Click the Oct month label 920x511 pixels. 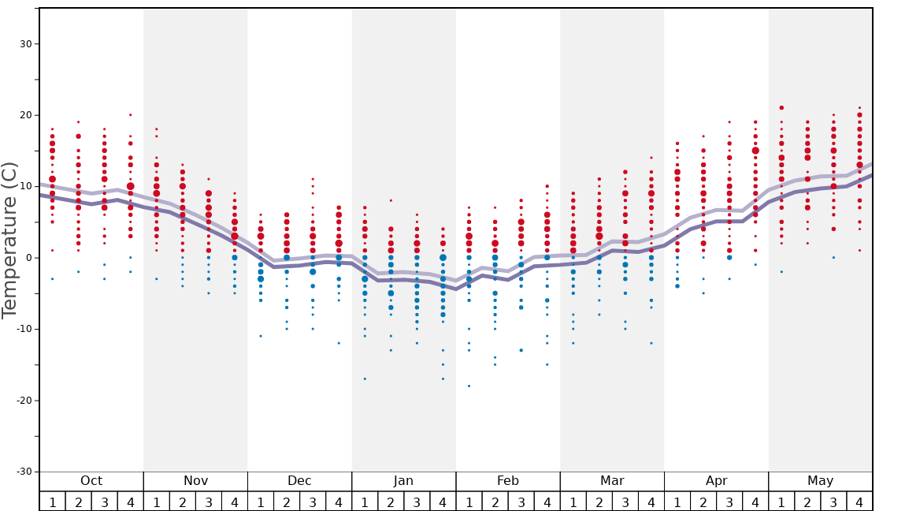(x=91, y=481)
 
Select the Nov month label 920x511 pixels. (x=195, y=481)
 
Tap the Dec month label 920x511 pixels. (x=299, y=481)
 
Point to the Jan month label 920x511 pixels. (x=403, y=481)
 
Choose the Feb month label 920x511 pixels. (x=507, y=481)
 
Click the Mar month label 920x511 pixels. (x=612, y=481)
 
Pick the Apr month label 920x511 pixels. (x=716, y=481)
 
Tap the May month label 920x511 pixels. (x=820, y=481)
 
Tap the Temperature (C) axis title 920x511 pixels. (x=9, y=240)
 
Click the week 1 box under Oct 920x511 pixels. (x=53, y=502)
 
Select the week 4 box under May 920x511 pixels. (x=859, y=502)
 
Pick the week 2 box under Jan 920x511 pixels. (x=391, y=502)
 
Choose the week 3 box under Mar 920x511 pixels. (x=625, y=502)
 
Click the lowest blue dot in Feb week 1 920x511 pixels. (x=469, y=386)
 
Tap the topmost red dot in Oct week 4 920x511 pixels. (x=131, y=115)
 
